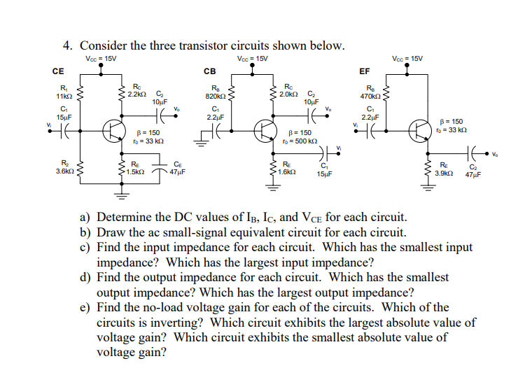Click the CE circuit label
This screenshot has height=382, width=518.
tap(58, 71)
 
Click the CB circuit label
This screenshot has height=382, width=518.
tap(210, 71)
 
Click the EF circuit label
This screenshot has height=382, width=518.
tap(364, 71)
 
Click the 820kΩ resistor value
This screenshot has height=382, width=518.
tap(214, 95)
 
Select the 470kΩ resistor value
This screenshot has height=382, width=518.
tap(370, 95)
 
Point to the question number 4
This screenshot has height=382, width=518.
tap(68, 46)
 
